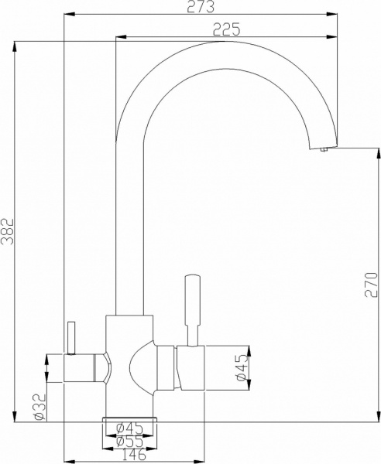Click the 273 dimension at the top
(201, 7)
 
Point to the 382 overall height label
(8, 230)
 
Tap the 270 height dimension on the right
(372, 286)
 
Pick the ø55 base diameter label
(128, 441)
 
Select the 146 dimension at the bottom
(129, 455)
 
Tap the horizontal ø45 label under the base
(128, 428)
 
